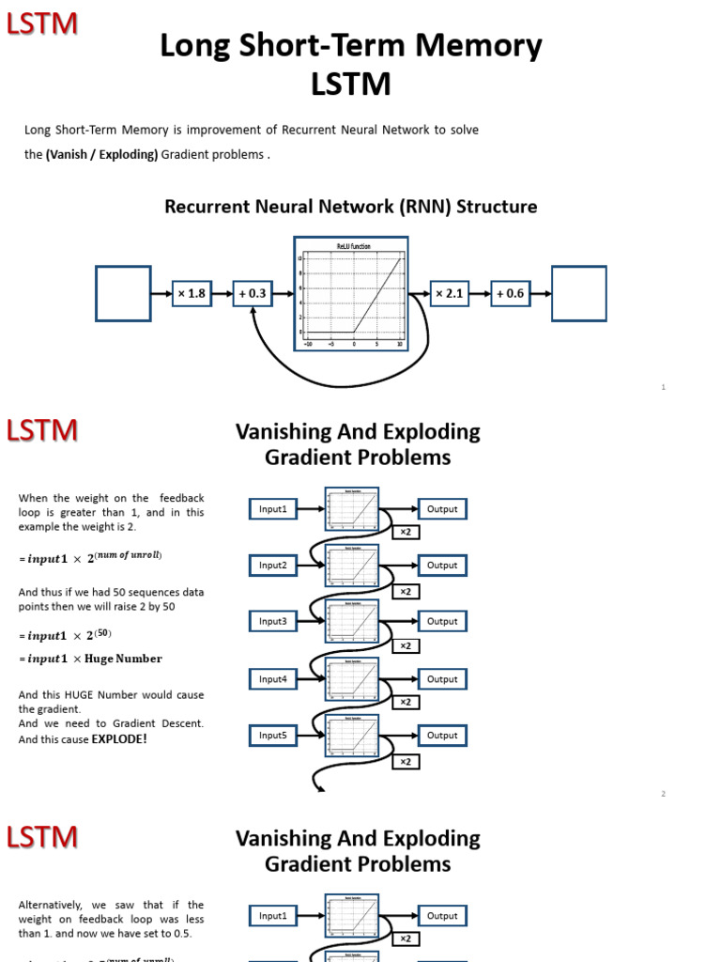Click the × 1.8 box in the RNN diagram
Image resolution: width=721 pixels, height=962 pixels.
(191, 294)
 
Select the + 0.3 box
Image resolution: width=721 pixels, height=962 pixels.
(253, 294)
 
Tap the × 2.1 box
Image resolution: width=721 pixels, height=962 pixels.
(449, 294)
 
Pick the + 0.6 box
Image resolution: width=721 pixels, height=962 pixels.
(511, 294)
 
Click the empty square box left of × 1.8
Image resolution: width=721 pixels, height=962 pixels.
(123, 293)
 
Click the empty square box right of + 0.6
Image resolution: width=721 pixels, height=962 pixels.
(578, 293)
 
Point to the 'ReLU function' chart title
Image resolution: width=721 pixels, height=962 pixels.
(353, 246)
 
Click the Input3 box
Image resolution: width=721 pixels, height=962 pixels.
(273, 622)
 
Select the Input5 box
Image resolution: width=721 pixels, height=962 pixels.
(273, 736)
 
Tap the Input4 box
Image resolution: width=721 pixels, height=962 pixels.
(273, 679)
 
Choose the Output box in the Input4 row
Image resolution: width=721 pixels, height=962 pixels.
(442, 679)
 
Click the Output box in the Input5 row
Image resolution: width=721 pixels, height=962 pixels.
(442, 736)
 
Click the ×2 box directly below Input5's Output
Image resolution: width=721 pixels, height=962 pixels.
(406, 762)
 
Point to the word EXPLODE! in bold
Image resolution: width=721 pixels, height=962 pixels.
(119, 739)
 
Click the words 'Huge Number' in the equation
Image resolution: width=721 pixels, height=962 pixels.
(123, 659)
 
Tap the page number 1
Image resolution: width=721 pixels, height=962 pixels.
(663, 387)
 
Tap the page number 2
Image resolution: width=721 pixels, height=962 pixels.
(663, 794)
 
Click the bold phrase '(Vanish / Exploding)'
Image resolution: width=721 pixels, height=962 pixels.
(101, 154)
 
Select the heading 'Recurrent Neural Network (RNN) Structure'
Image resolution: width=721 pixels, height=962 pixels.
(351, 207)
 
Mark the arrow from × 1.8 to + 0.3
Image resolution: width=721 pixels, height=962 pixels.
(222, 294)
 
